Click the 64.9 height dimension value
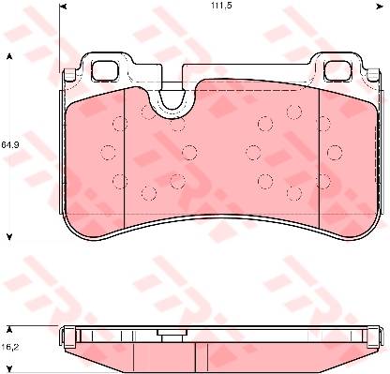tap(10, 144)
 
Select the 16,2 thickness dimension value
tap(10, 347)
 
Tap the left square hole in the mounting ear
tap(105, 70)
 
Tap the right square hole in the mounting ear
tap(337, 70)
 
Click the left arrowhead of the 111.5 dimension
tap(63, 7)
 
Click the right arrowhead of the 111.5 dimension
tap(380, 7)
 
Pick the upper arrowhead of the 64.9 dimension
tap(9, 56)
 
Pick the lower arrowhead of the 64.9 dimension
tap(9, 236)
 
